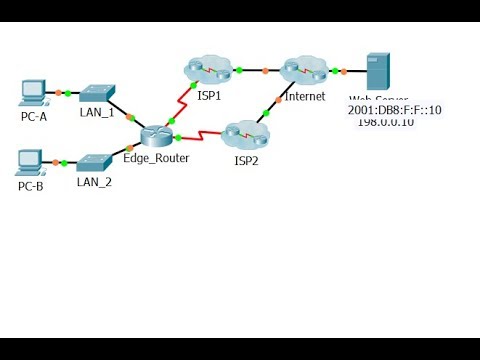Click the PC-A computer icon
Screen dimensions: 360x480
[x=33, y=92]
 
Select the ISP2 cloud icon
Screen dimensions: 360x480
[x=242, y=133]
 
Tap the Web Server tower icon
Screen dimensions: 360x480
[x=378, y=71]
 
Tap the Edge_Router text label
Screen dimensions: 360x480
[x=156, y=158]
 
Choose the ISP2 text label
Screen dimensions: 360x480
[x=247, y=159]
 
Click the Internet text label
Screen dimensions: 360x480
[x=305, y=96]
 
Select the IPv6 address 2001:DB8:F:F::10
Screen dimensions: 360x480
[x=395, y=110]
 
